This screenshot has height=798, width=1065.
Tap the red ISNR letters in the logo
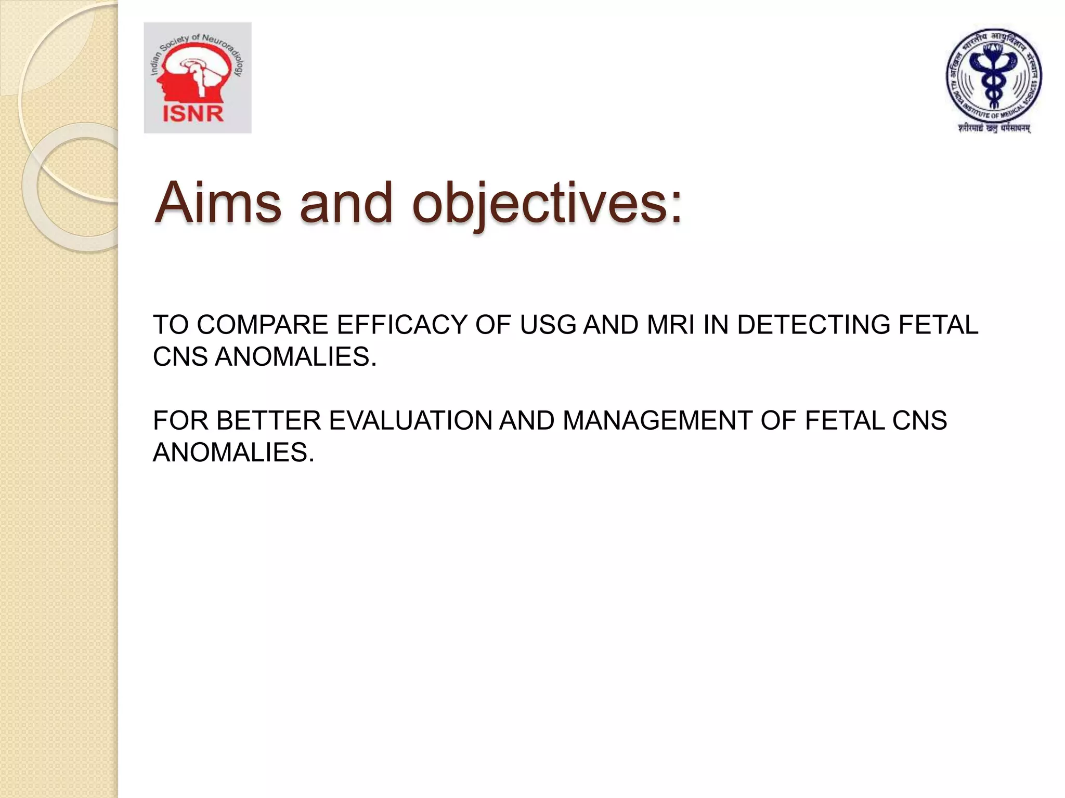(193, 114)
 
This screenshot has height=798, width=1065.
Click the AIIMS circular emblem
(993, 75)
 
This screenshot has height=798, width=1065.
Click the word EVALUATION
(410, 421)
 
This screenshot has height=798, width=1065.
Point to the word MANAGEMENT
(657, 421)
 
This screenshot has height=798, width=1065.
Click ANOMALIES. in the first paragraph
(295, 357)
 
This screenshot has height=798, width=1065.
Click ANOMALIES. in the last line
(233, 453)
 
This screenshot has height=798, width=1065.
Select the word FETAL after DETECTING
(939, 325)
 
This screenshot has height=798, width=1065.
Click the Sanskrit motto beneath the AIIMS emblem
(994, 128)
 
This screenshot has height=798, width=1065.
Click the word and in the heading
(346, 204)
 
